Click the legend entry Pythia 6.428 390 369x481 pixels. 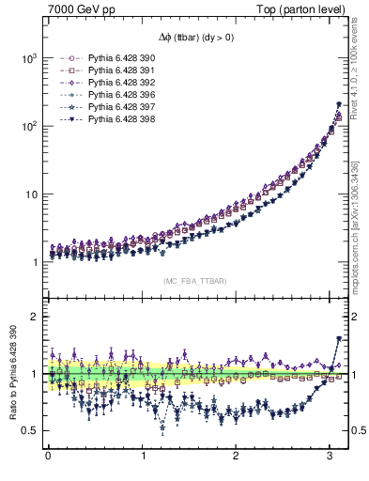point(114,57)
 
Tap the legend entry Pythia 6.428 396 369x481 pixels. point(114,95)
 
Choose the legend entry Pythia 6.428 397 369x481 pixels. point(114,107)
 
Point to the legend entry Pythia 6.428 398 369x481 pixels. point(114,119)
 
